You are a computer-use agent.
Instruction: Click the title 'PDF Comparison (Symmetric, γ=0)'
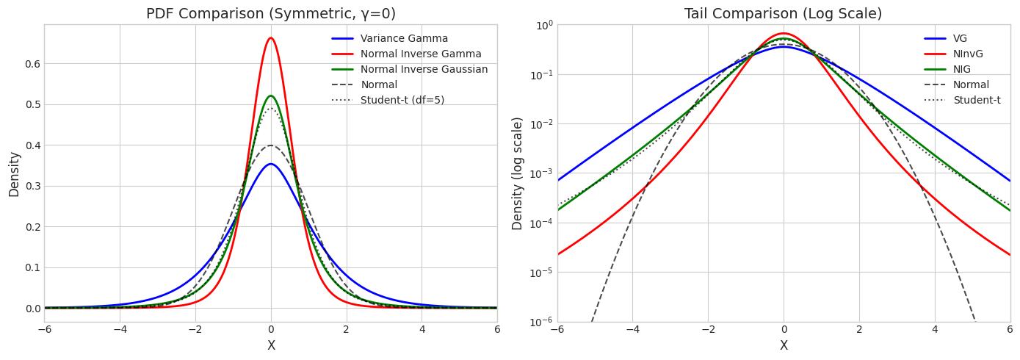[270, 14]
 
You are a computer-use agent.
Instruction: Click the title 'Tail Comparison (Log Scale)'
[783, 14]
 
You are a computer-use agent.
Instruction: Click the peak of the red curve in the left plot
[271, 38]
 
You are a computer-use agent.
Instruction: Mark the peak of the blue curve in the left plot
[271, 164]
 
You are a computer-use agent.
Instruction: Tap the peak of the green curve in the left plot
[271, 96]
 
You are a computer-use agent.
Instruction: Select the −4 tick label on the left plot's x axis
[120, 330]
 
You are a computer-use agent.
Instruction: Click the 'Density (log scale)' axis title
[518, 173]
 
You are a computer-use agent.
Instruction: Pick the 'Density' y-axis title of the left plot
[15, 173]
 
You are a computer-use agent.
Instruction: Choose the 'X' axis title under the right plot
[784, 346]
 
